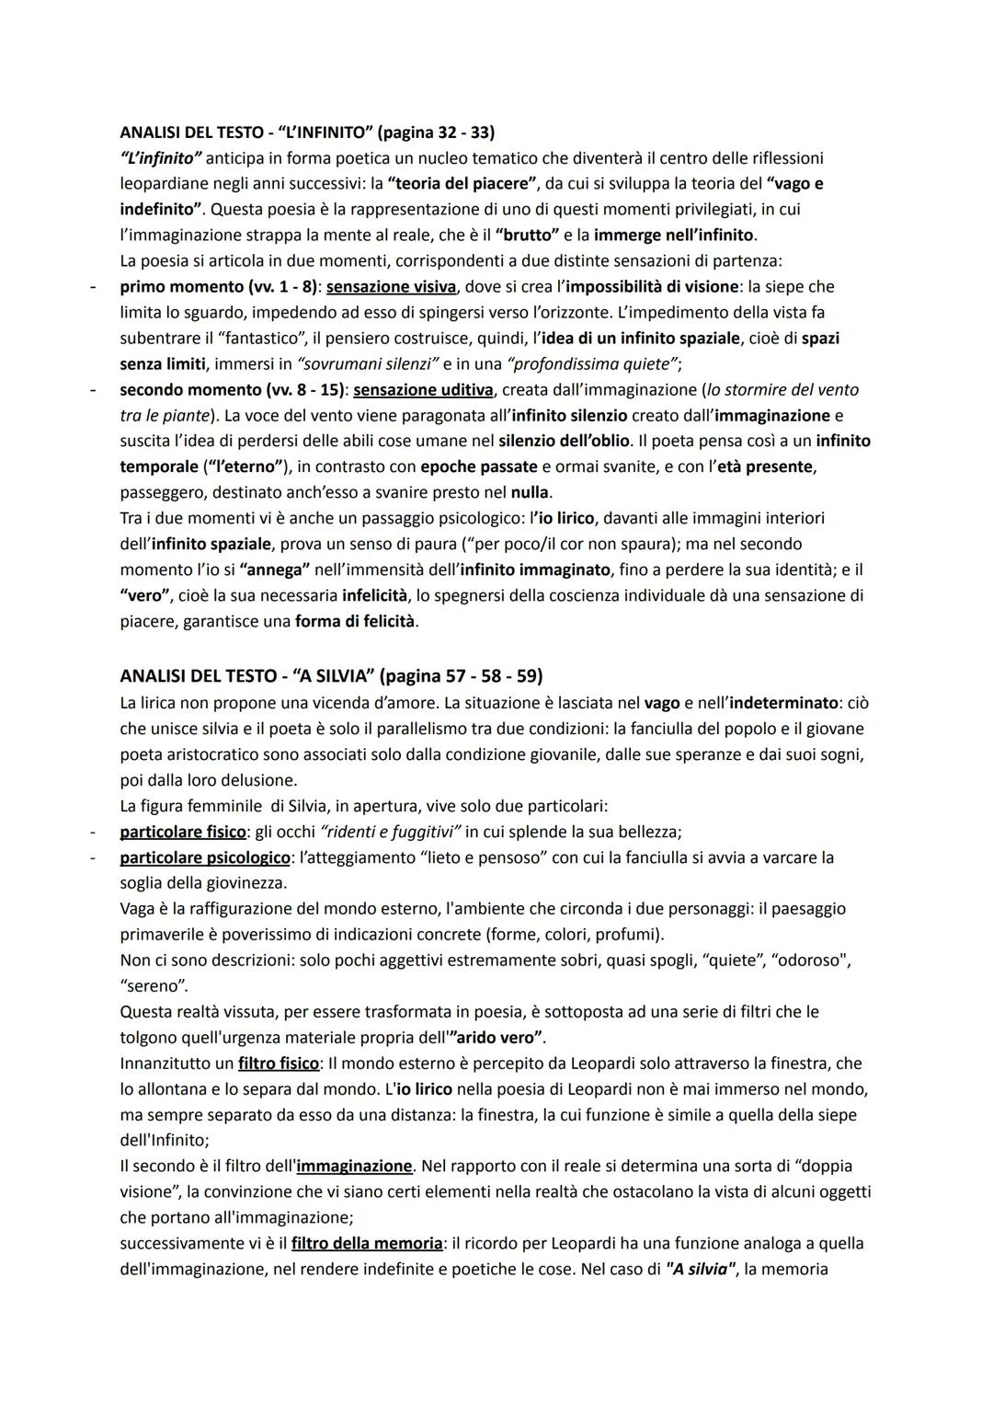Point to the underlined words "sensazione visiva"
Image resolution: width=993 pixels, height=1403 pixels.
[x=391, y=286]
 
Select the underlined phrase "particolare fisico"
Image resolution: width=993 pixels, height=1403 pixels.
[x=182, y=832]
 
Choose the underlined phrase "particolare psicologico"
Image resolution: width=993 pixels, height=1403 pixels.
[x=205, y=857]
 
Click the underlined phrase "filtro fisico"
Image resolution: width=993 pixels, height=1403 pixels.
[x=279, y=1064]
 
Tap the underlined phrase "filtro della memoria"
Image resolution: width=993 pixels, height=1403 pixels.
[x=367, y=1243]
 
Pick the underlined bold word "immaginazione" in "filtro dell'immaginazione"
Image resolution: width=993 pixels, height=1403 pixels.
[x=354, y=1166]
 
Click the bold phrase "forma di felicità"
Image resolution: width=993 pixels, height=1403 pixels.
[x=356, y=621]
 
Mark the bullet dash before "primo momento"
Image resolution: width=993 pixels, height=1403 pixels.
[x=93, y=286]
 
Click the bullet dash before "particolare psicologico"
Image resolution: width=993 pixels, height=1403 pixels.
[x=93, y=857]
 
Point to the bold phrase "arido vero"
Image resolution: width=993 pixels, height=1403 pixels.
[x=496, y=1038]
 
